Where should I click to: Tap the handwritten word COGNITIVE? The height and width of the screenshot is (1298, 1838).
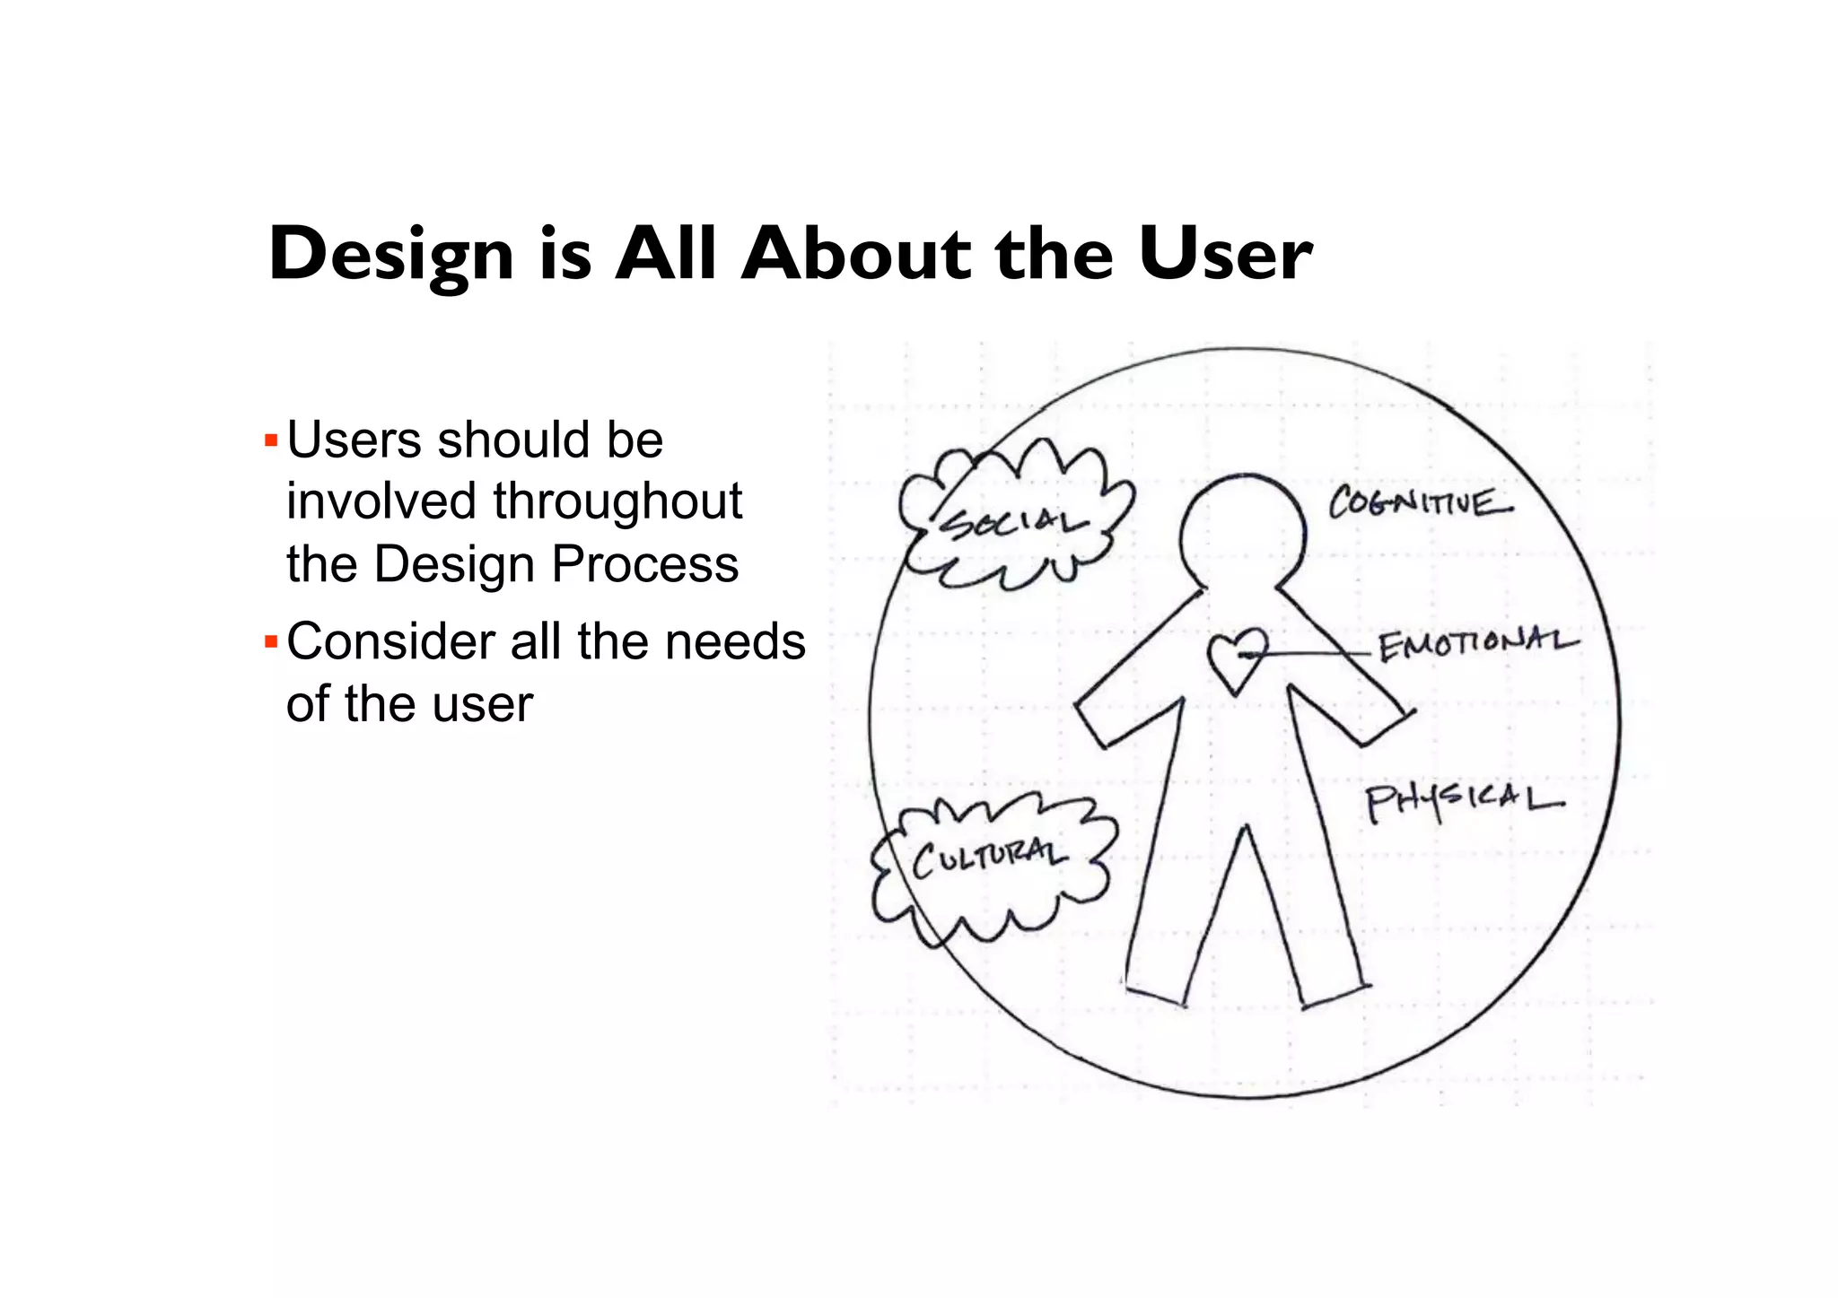pos(1420,503)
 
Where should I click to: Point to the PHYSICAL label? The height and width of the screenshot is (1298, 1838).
pos(1464,800)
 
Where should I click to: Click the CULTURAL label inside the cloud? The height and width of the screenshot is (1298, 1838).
pos(990,858)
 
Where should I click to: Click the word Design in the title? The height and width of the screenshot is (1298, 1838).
pos(391,255)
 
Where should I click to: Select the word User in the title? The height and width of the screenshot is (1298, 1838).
pos(1225,255)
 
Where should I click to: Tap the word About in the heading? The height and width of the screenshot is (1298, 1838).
pos(857,255)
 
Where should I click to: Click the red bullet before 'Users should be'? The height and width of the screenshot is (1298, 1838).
pos(271,441)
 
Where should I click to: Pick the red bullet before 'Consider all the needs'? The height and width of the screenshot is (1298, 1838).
pos(271,642)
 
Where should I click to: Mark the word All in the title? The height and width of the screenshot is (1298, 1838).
pos(666,255)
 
